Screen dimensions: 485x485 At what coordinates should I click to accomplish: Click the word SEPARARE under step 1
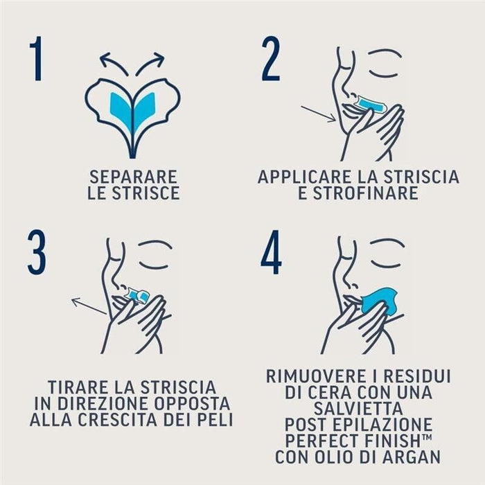(x=133, y=176)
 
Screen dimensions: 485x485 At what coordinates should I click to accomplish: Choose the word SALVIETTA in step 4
(x=358, y=408)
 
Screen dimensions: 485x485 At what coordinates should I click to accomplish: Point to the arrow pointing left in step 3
(x=89, y=306)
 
